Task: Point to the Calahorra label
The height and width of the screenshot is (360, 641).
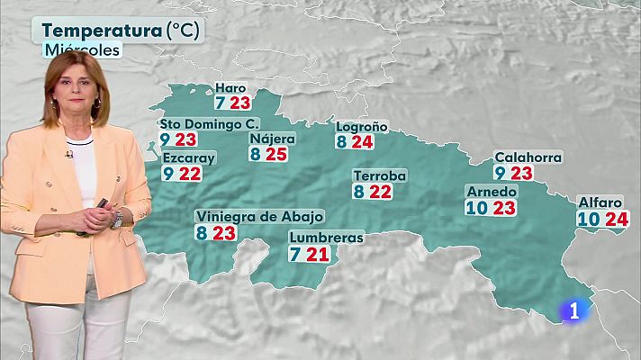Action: pos(528,157)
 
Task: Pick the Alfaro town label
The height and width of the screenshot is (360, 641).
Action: pos(601,202)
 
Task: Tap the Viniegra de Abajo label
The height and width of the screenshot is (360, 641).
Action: pos(259,217)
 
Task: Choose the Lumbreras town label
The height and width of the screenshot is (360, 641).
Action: pos(326,238)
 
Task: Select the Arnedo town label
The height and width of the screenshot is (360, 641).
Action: pos(492,192)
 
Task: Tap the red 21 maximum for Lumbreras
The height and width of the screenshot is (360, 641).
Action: pos(318,254)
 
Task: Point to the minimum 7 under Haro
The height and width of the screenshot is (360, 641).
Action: pos(220,103)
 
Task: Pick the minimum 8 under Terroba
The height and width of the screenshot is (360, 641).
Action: pos(358,191)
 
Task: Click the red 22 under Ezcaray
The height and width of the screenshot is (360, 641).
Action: pos(189,174)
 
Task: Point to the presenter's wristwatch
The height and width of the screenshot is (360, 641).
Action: pos(117,218)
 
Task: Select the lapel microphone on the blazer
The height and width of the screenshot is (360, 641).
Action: pos(69,155)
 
